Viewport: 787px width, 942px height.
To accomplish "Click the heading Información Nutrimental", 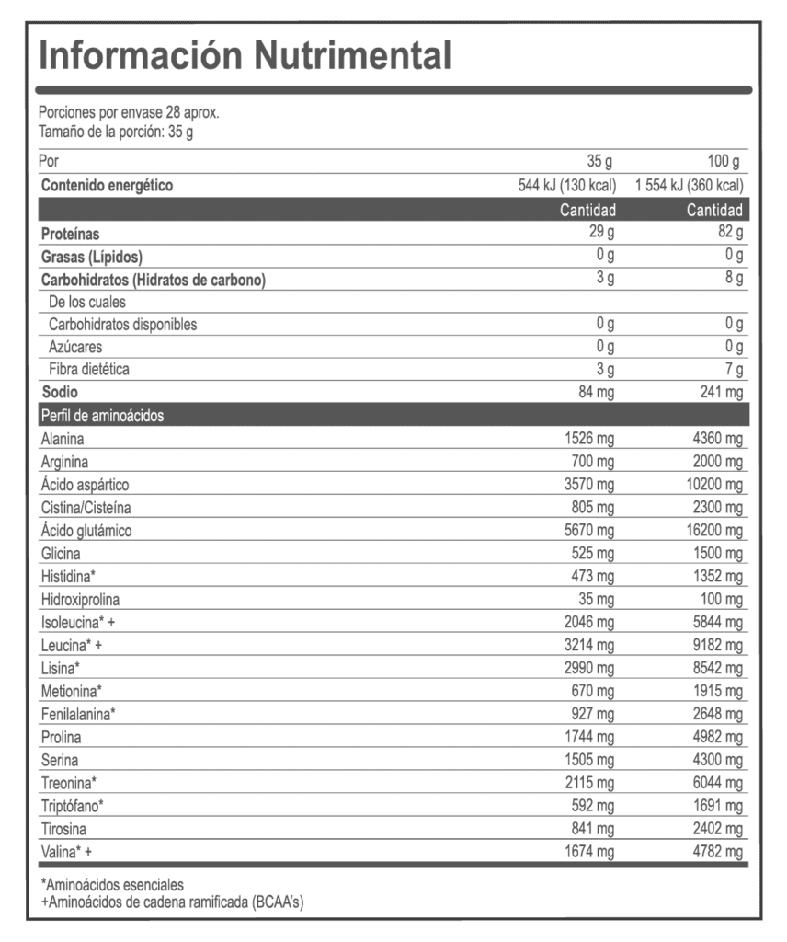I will click(x=245, y=55).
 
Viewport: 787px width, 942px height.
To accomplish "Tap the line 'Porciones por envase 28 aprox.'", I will click(x=129, y=113).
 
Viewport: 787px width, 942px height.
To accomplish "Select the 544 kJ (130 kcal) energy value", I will click(x=567, y=186).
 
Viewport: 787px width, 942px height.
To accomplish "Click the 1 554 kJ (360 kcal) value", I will click(x=690, y=186).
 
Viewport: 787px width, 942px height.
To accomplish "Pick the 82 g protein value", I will click(x=731, y=232).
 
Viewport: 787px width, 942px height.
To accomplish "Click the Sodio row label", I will click(x=60, y=393).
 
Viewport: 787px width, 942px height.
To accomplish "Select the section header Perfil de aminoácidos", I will click(x=102, y=416).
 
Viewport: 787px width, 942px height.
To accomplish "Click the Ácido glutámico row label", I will click(x=86, y=531).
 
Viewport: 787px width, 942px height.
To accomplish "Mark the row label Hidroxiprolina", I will click(x=80, y=600).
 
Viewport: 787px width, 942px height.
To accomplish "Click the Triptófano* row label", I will click(x=73, y=806).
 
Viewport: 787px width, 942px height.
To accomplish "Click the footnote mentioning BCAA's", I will click(x=172, y=902).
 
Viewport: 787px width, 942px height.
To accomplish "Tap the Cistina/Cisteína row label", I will click(x=86, y=508).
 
